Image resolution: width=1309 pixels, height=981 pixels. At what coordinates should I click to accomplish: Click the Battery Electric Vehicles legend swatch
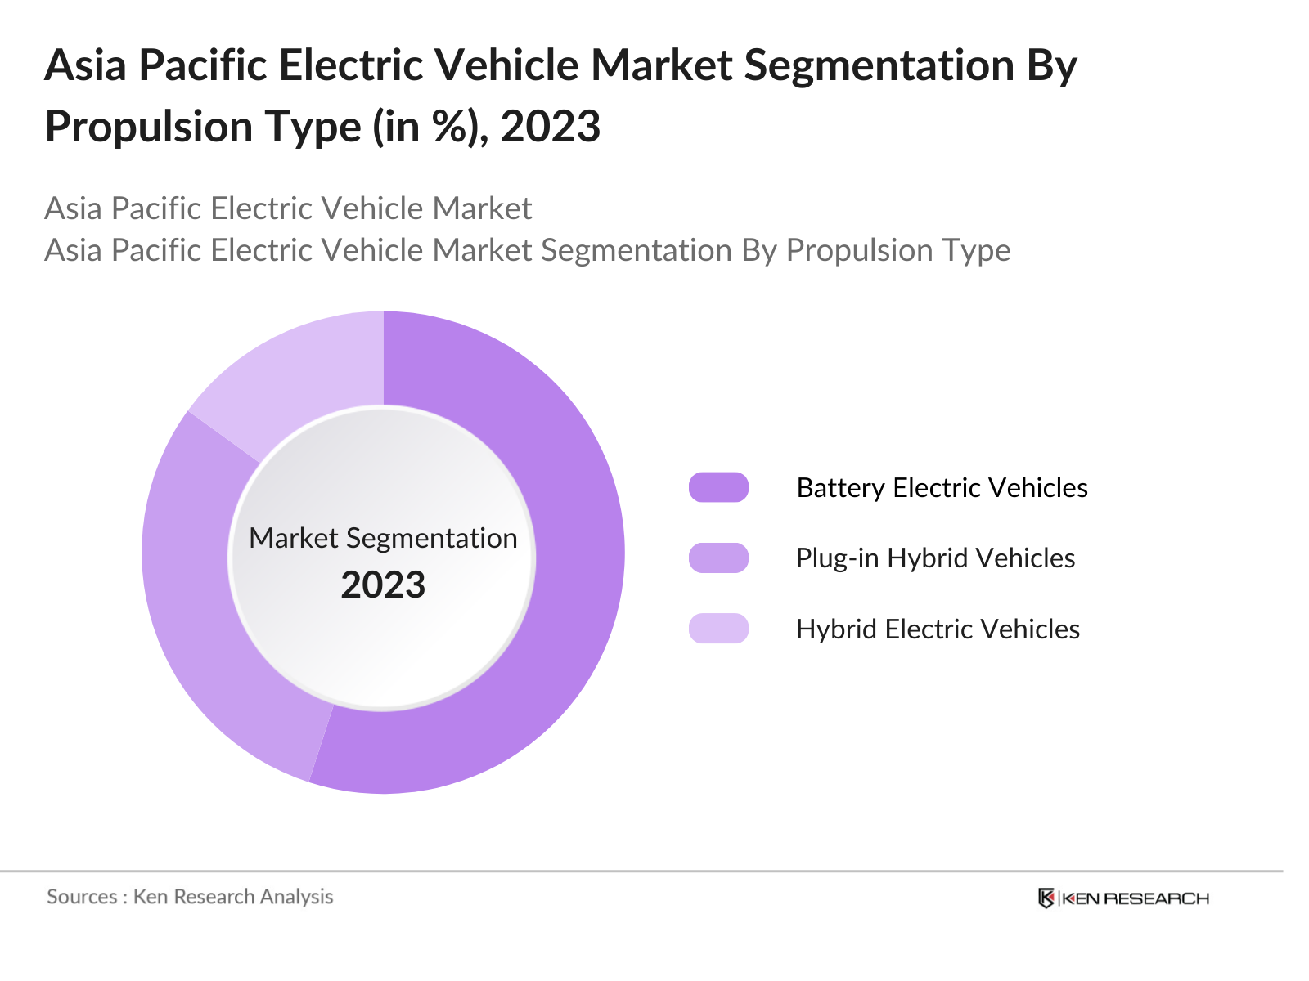click(x=718, y=487)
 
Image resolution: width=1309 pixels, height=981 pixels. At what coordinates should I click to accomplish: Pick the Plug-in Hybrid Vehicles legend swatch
click(x=718, y=558)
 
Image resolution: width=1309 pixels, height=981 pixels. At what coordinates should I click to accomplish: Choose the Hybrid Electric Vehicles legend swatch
click(x=718, y=629)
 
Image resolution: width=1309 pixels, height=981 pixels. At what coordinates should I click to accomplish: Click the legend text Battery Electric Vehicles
click(x=942, y=487)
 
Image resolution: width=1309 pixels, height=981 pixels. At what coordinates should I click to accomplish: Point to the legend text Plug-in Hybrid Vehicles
click(x=935, y=558)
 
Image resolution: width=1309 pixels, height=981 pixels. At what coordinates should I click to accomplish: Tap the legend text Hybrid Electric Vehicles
click(x=938, y=629)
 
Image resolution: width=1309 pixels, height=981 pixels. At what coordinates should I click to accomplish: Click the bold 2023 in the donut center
click(x=383, y=585)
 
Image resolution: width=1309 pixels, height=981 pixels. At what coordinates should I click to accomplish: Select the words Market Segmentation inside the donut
click(x=383, y=538)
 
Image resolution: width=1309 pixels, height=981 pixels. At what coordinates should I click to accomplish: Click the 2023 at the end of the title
click(x=550, y=127)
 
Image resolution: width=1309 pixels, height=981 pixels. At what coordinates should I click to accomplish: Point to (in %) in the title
click(x=428, y=127)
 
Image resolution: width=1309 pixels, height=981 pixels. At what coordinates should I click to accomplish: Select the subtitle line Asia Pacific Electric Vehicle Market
click(x=288, y=208)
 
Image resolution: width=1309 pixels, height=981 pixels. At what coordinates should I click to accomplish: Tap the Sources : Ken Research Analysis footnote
click(x=190, y=897)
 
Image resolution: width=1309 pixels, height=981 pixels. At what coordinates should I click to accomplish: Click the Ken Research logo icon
click(x=1046, y=898)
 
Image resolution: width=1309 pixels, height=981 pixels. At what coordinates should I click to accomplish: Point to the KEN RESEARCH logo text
click(x=1135, y=898)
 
